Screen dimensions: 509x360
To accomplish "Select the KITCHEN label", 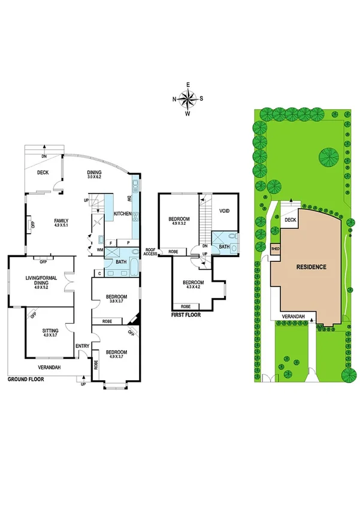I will coord(123,214).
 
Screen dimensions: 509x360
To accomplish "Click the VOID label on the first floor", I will coord(225,211).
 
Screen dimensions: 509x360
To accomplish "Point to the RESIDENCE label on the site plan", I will coord(310,267).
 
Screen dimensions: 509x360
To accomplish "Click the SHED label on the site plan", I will coord(276,248).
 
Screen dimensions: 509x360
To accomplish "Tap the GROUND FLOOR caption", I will coord(29,380).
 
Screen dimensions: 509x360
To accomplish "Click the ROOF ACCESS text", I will coord(149,251).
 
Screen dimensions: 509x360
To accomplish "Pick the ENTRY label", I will coord(82,345).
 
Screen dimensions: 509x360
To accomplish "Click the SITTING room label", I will coord(50,330).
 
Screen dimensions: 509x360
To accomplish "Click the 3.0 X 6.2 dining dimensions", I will coord(94,177).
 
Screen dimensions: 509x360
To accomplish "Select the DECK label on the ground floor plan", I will coord(43,173).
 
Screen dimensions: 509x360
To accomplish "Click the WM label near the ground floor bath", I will coord(99,249).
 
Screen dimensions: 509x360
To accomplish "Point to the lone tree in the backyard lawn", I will coord(328,157).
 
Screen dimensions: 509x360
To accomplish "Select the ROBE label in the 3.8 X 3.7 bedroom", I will coord(107,321).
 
